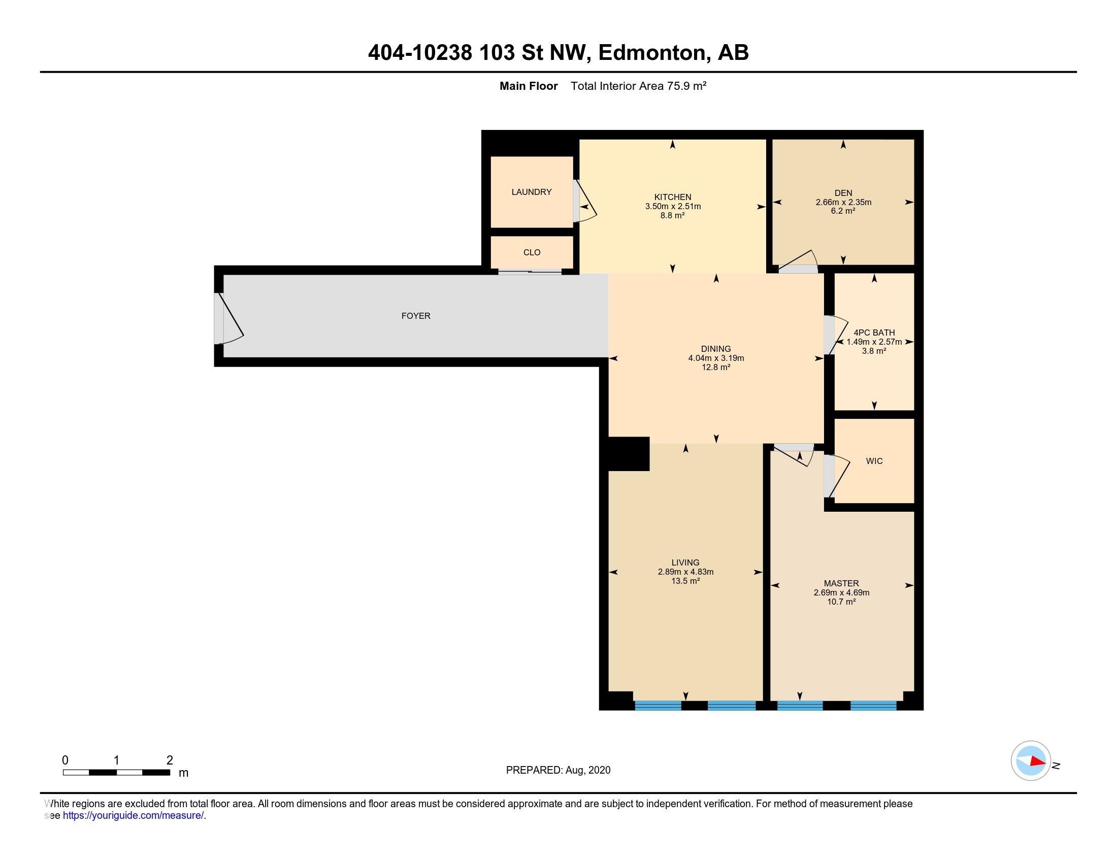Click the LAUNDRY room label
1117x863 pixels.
pos(532,192)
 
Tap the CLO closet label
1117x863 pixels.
pos(532,253)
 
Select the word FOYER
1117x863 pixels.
pos(416,316)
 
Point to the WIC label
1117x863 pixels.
pos(874,461)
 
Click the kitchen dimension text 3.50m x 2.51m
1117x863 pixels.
pos(673,207)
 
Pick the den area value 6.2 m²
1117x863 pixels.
pos(843,211)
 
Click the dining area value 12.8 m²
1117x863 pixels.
pos(716,367)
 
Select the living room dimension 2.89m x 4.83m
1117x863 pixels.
pos(685,572)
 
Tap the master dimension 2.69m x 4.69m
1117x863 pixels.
pos(841,592)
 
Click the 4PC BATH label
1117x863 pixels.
pos(874,333)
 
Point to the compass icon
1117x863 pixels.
pos(1031,761)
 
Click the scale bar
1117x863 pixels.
pos(117,773)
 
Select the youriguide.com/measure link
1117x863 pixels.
pos(133,815)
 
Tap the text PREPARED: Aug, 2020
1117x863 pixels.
pos(558,770)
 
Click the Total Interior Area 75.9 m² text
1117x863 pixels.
pos(638,86)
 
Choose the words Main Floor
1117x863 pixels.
pos(529,86)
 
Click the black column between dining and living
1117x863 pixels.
pos(629,453)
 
